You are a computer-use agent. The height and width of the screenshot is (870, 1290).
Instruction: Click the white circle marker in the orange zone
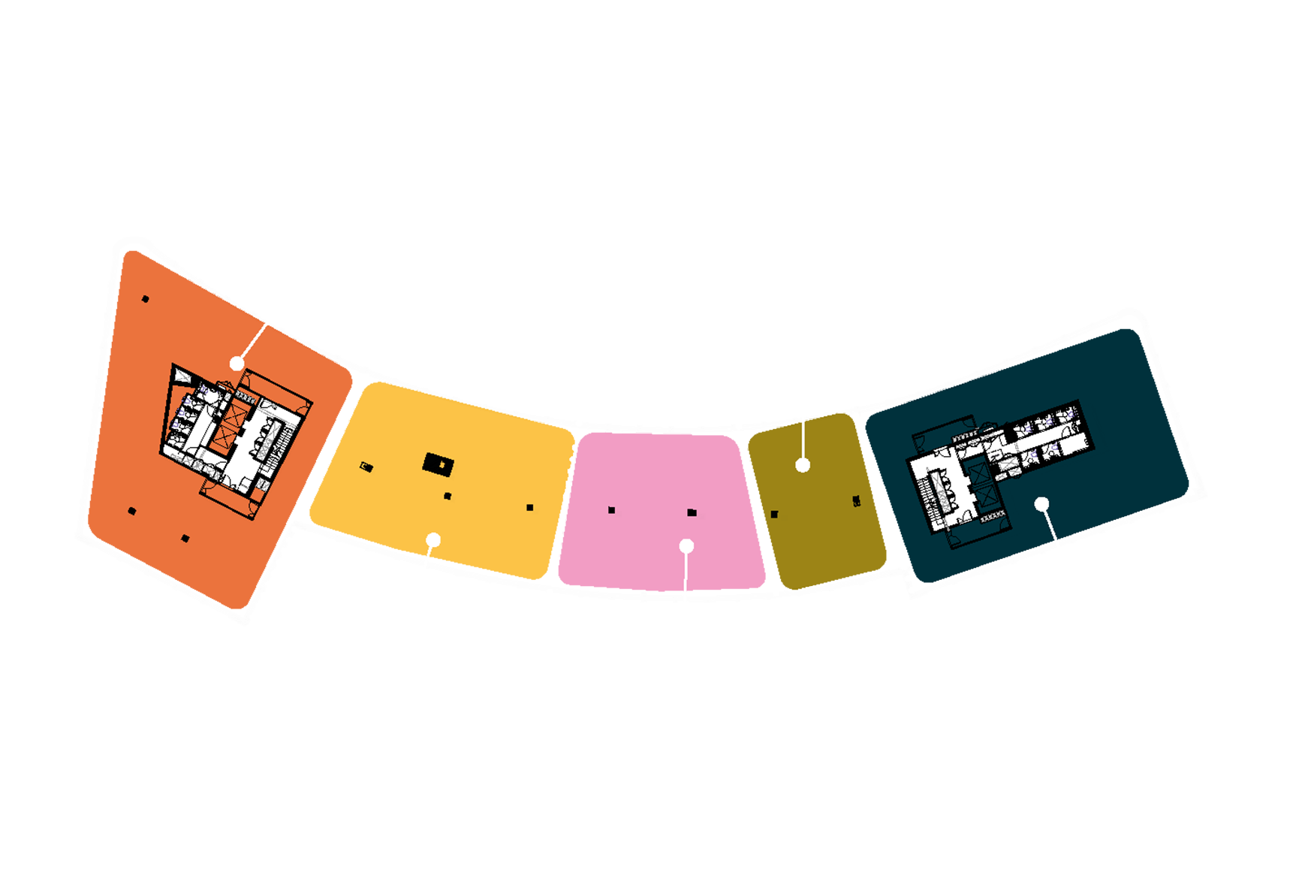click(237, 364)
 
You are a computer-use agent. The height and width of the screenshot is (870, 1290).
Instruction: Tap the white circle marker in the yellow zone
click(433, 539)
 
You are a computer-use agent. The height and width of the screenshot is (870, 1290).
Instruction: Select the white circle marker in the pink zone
click(686, 546)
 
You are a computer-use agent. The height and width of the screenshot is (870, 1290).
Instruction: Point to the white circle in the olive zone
click(803, 465)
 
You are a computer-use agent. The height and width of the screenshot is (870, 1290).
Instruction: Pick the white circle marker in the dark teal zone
click(1041, 504)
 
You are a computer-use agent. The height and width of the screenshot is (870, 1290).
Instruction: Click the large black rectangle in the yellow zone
click(438, 464)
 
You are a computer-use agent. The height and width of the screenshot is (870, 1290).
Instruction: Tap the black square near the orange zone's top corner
click(145, 299)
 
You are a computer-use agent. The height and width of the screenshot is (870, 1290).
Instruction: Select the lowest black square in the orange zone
click(185, 538)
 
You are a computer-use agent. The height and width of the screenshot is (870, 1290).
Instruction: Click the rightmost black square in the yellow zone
click(530, 508)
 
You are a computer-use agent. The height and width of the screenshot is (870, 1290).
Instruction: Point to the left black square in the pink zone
click(612, 510)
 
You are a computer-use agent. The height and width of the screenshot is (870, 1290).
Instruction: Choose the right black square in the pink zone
click(692, 512)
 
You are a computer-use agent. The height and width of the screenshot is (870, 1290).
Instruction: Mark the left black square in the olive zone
click(774, 515)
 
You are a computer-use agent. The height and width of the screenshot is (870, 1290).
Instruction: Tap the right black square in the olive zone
click(857, 501)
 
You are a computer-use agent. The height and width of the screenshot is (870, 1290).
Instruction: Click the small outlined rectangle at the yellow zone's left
click(366, 467)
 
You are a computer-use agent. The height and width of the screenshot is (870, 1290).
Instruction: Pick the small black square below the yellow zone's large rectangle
click(448, 496)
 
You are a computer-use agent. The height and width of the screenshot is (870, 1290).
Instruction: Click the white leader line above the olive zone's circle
click(803, 439)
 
